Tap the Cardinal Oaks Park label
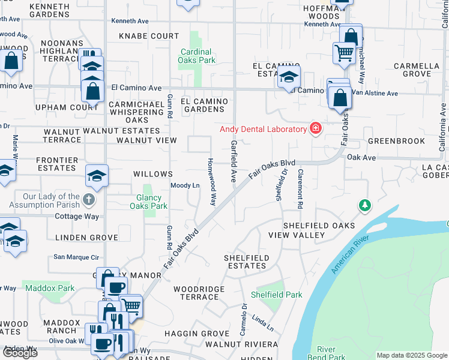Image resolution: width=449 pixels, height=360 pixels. click(x=197, y=56)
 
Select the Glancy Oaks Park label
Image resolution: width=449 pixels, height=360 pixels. click(x=148, y=201)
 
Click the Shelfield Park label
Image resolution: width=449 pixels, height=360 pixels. click(x=277, y=295)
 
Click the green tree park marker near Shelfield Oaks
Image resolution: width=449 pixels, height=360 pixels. click(x=364, y=206)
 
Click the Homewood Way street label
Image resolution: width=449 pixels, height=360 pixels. click(x=211, y=182)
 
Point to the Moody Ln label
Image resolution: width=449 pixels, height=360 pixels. click(x=185, y=185)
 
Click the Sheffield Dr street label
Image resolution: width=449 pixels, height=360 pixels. click(x=281, y=186)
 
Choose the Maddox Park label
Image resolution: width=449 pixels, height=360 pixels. click(x=50, y=289)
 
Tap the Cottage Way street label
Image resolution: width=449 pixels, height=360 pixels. click(x=77, y=217)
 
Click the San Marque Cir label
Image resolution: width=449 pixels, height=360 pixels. click(x=76, y=257)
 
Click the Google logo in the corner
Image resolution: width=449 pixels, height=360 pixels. click(x=19, y=353)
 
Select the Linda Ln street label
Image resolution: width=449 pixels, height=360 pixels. click(x=262, y=323)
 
